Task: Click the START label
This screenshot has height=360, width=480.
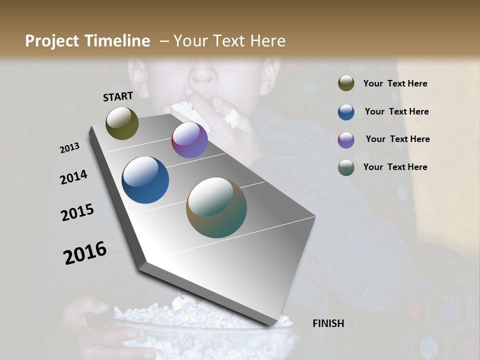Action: [118, 96]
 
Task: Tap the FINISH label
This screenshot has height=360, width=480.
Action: [328, 323]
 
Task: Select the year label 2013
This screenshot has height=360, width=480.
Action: [70, 148]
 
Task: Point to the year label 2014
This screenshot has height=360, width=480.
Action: [73, 177]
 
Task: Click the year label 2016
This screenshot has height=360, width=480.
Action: [85, 253]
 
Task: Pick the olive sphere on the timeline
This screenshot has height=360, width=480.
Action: [122, 123]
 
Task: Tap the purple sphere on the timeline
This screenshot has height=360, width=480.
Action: [189, 140]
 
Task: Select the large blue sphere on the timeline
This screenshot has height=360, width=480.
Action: [145, 180]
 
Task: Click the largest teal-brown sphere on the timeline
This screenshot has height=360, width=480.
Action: [216, 207]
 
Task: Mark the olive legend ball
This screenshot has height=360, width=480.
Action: [346, 83]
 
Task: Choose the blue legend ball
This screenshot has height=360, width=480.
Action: [346, 112]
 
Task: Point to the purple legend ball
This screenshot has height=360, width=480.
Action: [346, 140]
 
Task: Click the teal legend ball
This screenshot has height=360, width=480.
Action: [346, 167]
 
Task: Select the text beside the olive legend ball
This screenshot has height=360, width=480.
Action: [395, 83]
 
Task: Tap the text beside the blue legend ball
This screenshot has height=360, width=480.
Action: [396, 111]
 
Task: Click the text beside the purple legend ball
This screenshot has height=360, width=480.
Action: [397, 139]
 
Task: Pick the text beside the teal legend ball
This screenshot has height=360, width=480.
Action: [395, 167]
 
